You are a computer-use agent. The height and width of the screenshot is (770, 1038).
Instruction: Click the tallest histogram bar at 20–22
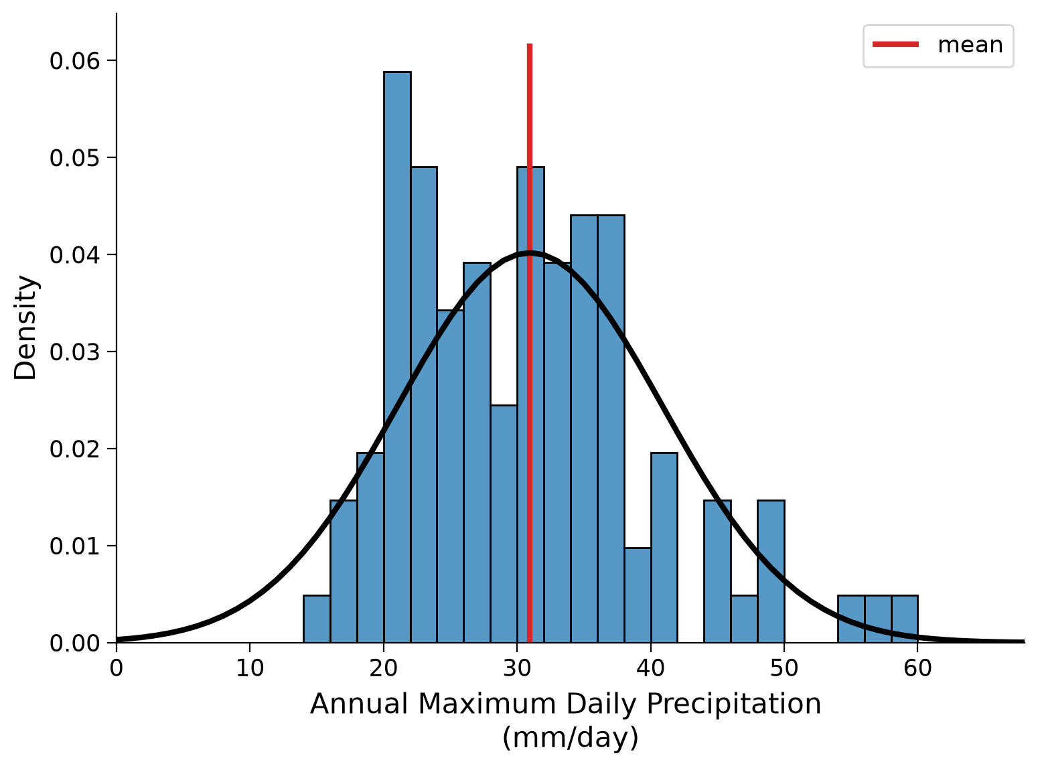(397, 357)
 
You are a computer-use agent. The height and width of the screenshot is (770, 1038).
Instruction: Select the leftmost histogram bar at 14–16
(317, 619)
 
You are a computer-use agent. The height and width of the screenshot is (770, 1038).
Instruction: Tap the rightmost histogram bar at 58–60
(905, 619)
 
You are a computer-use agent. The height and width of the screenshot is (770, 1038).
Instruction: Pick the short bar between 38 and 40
(638, 595)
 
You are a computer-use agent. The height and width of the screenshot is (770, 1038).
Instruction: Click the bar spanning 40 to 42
(664, 548)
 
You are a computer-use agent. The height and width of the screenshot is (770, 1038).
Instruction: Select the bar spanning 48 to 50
(771, 572)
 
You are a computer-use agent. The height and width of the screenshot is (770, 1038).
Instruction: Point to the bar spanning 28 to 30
(504, 524)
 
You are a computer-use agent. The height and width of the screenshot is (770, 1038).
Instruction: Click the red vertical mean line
(530, 343)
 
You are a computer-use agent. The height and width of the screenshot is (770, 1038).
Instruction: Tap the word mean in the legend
(970, 45)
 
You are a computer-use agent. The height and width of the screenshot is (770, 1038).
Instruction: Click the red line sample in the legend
(896, 44)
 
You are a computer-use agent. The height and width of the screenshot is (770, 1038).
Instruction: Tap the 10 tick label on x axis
(250, 668)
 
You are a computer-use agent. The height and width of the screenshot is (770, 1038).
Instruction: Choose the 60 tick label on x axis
(917, 668)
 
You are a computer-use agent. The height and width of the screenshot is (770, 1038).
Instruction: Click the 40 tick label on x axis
(650, 668)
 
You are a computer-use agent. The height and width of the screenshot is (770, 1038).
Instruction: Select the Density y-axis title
(25, 327)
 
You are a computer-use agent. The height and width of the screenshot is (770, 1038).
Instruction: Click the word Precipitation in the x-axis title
(734, 704)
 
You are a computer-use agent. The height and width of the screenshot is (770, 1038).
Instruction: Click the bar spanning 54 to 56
(851, 619)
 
